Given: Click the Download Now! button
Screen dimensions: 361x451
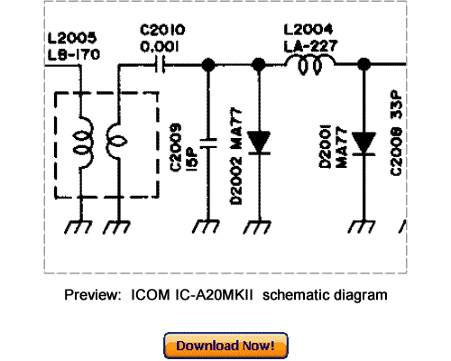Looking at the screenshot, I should (x=225, y=346).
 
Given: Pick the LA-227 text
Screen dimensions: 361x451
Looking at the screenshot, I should (x=309, y=45).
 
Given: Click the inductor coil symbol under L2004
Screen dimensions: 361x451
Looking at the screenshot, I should (x=309, y=64).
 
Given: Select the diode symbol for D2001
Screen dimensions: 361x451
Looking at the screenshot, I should (x=364, y=143).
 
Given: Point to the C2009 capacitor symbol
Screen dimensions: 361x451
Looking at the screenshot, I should (x=208, y=142).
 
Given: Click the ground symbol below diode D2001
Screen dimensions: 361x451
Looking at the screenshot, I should (x=364, y=227).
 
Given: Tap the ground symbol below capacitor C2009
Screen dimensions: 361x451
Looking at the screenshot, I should (x=208, y=227).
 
